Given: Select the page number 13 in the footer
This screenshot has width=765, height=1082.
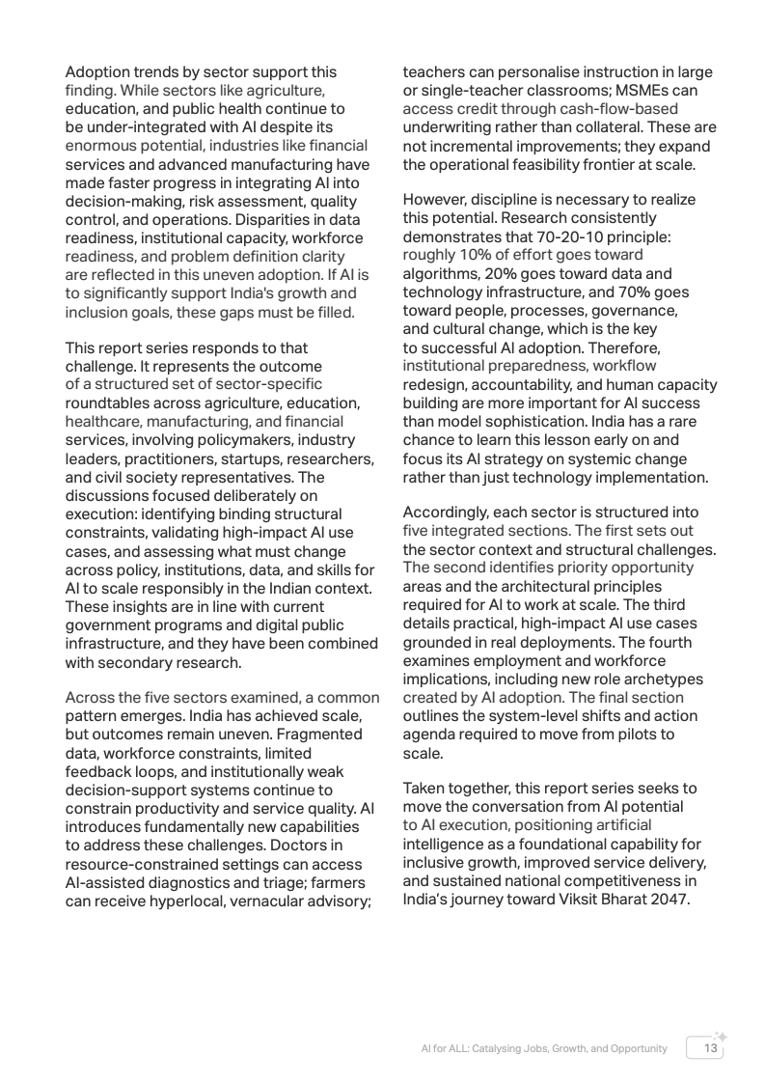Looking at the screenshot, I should [x=711, y=1048].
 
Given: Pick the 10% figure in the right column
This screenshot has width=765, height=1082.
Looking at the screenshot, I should [x=481, y=255].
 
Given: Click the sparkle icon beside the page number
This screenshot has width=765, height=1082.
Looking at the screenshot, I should [x=721, y=1036].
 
